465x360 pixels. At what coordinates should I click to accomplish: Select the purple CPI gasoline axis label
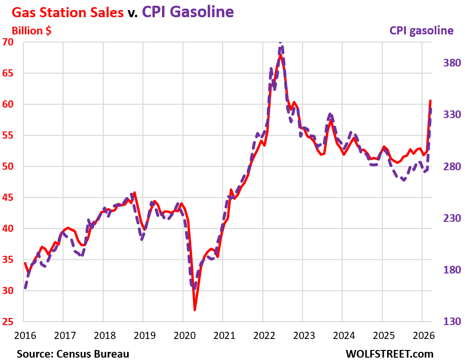[421, 31]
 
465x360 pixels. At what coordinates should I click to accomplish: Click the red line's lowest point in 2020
[195, 310]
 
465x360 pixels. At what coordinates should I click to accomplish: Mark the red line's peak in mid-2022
[281, 55]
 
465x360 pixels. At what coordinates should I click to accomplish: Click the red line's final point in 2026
[431, 101]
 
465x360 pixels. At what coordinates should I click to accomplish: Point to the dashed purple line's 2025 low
[404, 180]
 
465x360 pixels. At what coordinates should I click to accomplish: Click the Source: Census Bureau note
[73, 354]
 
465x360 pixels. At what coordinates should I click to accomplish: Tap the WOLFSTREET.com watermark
[389, 354]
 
